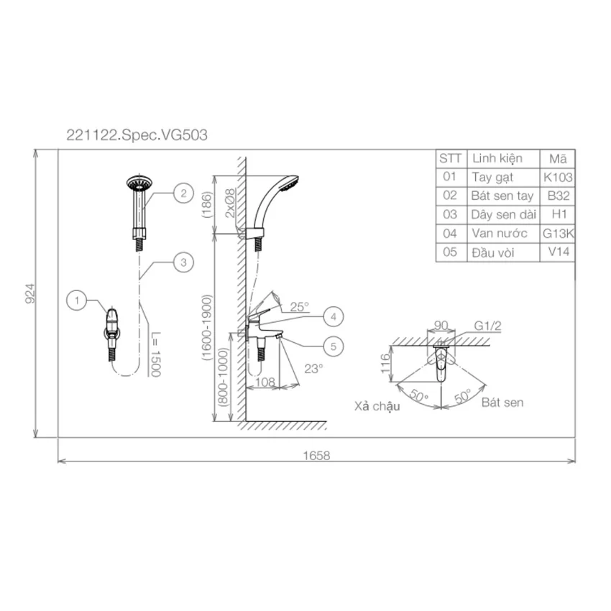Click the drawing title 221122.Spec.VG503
[137, 135]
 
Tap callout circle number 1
[77, 300]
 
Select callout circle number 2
[183, 193]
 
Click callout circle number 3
[183, 262]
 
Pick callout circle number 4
[333, 316]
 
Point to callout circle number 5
[333, 346]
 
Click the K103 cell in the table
[558, 178]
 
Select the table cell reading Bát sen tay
[502, 196]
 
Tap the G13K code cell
[559, 234]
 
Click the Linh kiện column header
[497, 159]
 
